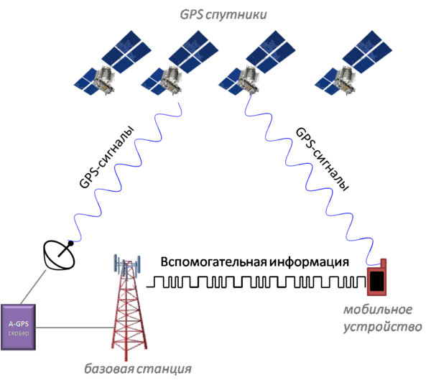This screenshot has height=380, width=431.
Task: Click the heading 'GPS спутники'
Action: click(x=223, y=14)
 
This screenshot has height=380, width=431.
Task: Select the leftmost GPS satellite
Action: click(x=113, y=63)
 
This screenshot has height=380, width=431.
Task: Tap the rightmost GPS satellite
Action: click(x=353, y=63)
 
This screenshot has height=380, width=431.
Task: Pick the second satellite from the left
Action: click(x=180, y=63)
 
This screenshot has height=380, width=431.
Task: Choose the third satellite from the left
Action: click(x=257, y=63)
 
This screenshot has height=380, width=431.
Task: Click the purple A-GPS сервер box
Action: click(x=18, y=328)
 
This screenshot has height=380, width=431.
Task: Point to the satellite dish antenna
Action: click(x=59, y=255)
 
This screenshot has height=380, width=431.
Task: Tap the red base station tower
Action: click(x=127, y=308)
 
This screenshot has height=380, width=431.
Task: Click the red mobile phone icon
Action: click(x=377, y=277)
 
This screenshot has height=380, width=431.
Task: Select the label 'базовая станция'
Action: click(x=138, y=369)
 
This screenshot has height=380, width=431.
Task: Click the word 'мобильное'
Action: click(x=378, y=310)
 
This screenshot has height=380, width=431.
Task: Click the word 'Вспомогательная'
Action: click(x=213, y=261)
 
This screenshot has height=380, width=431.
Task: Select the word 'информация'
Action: click(x=309, y=261)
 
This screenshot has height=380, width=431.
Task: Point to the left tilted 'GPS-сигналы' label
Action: click(x=106, y=157)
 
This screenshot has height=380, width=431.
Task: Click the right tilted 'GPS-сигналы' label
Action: click(x=322, y=159)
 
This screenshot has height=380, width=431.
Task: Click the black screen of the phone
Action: click(x=377, y=280)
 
